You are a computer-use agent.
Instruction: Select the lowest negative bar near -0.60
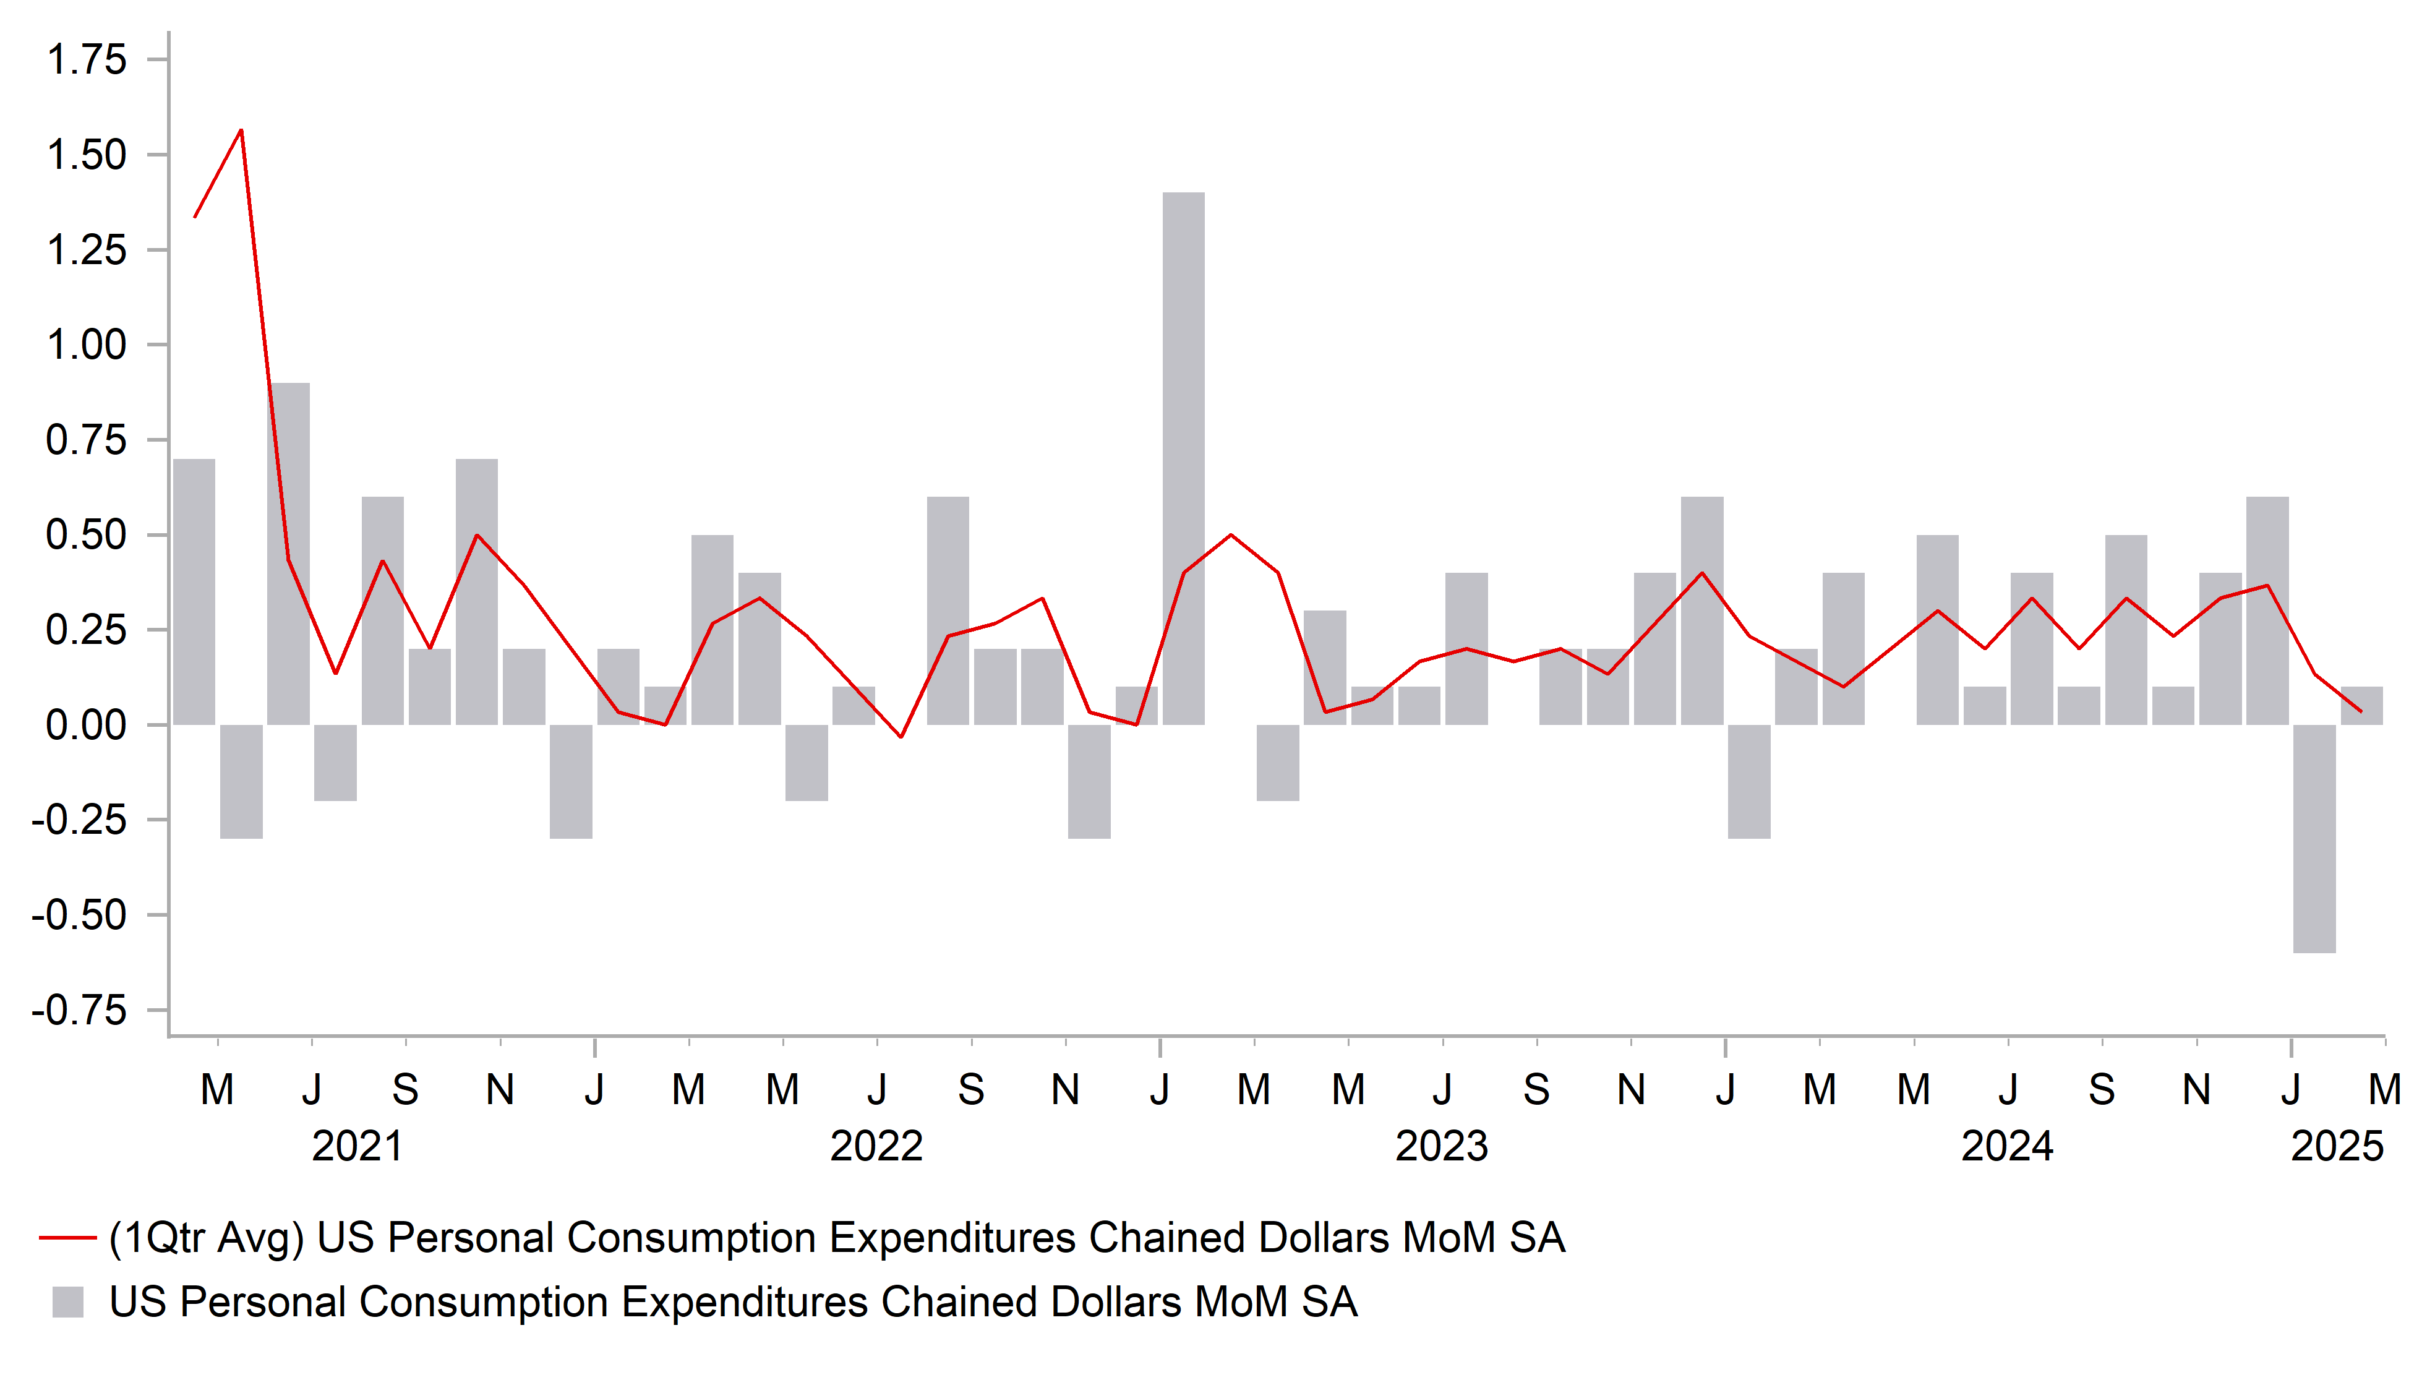pyautogui.click(x=2314, y=838)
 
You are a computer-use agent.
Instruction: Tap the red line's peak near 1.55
pyautogui.click(x=241, y=131)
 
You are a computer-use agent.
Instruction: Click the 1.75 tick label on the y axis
pyautogui.click(x=86, y=60)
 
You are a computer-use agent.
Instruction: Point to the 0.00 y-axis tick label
pyautogui.click(x=86, y=725)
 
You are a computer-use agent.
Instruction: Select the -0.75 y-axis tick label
pyautogui.click(x=80, y=1010)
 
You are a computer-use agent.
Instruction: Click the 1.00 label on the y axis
pyautogui.click(x=86, y=345)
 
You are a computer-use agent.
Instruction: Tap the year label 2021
pyautogui.click(x=357, y=1147)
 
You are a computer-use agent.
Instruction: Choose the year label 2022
pyautogui.click(x=876, y=1147)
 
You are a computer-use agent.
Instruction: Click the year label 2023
pyautogui.click(x=1442, y=1147)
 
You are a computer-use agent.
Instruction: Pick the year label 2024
pyautogui.click(x=2007, y=1147)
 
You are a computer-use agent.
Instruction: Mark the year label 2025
pyautogui.click(x=2337, y=1147)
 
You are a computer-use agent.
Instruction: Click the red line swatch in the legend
pyautogui.click(x=67, y=1238)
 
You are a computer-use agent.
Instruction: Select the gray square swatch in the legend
pyautogui.click(x=67, y=1302)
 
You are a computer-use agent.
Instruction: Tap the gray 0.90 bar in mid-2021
pyautogui.click(x=289, y=554)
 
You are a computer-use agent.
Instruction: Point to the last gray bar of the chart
pyautogui.click(x=2361, y=706)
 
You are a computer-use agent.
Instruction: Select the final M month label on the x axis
pyautogui.click(x=2384, y=1090)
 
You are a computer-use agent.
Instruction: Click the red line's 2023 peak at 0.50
pyautogui.click(x=1231, y=536)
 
